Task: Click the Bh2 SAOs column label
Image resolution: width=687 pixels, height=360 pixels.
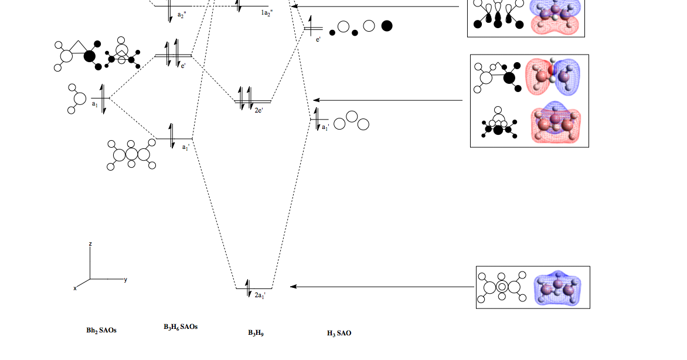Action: click(101, 331)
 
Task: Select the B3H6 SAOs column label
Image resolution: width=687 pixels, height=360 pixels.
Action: click(181, 327)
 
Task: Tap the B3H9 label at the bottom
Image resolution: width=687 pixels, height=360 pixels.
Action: click(256, 333)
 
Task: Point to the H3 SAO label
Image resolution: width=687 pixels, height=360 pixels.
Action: click(339, 333)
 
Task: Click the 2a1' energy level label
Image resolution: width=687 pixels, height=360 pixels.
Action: click(260, 296)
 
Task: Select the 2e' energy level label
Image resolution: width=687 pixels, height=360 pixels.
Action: click(259, 110)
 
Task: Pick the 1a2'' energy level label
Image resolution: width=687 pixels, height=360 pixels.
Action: click(267, 13)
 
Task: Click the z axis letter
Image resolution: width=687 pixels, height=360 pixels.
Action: click(90, 243)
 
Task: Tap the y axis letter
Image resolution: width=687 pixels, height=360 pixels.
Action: click(125, 279)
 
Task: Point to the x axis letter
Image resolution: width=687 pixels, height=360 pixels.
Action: click(75, 288)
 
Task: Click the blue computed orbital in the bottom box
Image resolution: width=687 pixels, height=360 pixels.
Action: click(557, 287)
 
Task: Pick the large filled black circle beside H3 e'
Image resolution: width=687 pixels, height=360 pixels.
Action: click(386, 26)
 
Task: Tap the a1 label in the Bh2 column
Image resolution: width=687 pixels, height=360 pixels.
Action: click(95, 104)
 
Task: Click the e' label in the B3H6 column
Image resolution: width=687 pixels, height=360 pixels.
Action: click(183, 66)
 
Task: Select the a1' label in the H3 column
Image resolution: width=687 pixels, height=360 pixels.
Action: click(325, 127)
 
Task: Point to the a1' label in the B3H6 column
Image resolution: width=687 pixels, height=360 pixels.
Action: click(185, 147)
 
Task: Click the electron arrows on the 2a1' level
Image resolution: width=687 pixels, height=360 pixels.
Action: click(249, 288)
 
